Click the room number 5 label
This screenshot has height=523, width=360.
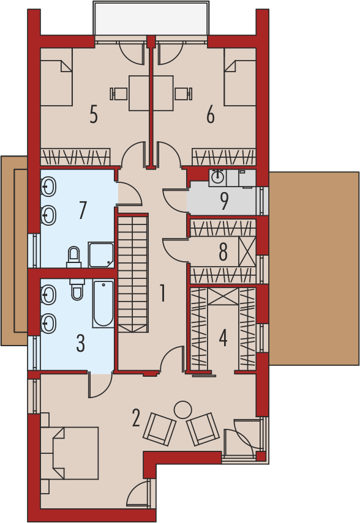(x=94, y=114)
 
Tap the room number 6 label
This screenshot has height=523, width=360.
(x=211, y=116)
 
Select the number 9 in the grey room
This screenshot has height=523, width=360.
(x=224, y=201)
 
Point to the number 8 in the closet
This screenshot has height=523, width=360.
(x=223, y=251)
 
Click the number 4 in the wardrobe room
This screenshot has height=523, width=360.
(x=223, y=338)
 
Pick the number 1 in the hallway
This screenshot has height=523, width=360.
(x=163, y=293)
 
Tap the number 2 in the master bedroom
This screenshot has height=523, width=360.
(x=135, y=418)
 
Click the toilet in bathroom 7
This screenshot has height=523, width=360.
(x=74, y=258)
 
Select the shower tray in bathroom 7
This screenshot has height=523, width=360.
(x=101, y=255)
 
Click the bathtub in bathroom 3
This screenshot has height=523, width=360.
(x=103, y=304)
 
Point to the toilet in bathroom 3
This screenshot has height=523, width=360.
(x=77, y=289)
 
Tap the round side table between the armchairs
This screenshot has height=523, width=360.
(x=182, y=410)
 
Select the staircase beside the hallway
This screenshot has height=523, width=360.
(x=133, y=274)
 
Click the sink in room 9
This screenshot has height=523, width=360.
(x=218, y=177)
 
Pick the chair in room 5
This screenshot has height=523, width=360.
(x=119, y=94)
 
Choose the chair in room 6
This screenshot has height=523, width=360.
(x=184, y=94)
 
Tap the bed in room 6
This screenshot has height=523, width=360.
(x=240, y=83)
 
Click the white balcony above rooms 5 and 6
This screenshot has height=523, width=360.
(x=151, y=18)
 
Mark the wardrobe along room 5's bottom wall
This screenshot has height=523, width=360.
(x=75, y=157)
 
